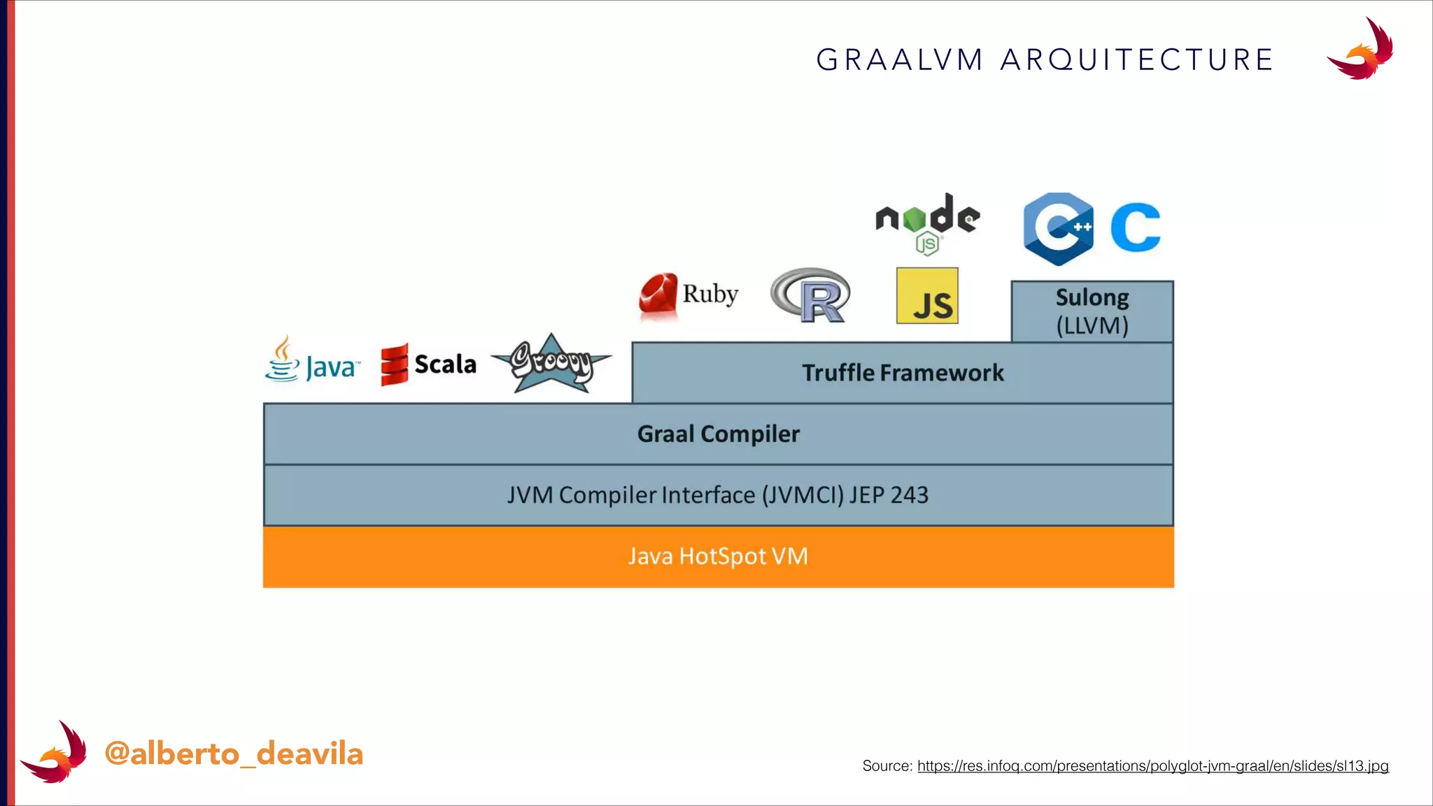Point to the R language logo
point(811,295)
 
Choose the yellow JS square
point(927,296)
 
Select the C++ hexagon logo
point(1058,229)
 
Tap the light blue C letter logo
point(1135,227)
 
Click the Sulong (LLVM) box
point(1092,311)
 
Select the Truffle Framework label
point(903,373)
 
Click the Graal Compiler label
point(718,434)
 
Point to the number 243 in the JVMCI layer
point(909,495)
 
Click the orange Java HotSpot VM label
point(718,556)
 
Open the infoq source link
point(1152,766)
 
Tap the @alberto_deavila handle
point(234,754)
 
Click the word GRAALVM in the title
point(900,60)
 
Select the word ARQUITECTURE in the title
point(1137,60)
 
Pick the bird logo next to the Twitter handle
point(55,753)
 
